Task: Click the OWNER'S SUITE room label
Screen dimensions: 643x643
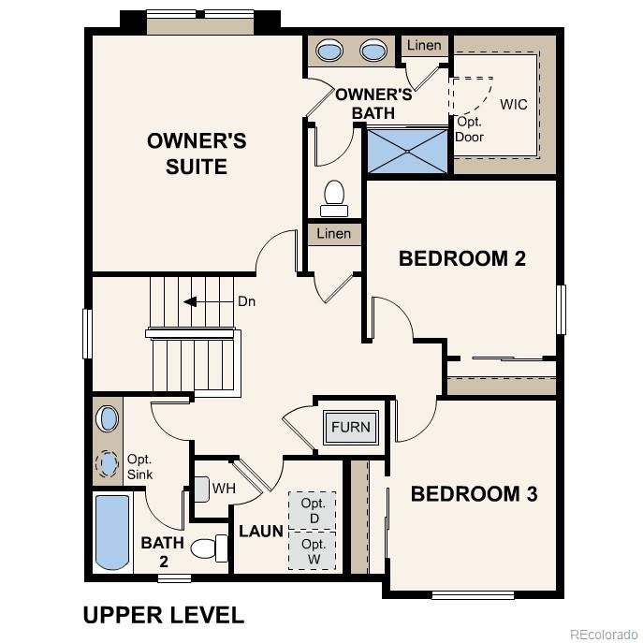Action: point(197,153)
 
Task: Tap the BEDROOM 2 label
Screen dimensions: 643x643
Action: point(462,258)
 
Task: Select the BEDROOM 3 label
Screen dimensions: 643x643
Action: point(474,493)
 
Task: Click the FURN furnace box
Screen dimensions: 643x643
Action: point(350,428)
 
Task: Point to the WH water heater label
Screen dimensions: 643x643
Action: point(224,488)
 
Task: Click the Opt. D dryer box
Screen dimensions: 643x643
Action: point(313,510)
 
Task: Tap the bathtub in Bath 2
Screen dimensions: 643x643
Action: point(111,533)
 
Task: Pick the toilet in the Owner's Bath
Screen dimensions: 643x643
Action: point(333,195)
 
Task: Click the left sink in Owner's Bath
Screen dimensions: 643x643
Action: point(329,51)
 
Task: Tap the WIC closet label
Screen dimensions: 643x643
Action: point(514,104)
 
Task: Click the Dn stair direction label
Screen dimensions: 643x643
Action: point(246,302)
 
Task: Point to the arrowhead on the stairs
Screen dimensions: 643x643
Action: point(189,302)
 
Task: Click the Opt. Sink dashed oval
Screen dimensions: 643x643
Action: point(109,463)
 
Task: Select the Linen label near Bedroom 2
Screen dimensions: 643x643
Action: point(334,234)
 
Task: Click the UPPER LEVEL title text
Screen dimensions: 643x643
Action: point(164,615)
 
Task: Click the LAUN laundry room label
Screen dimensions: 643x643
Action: point(261,532)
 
